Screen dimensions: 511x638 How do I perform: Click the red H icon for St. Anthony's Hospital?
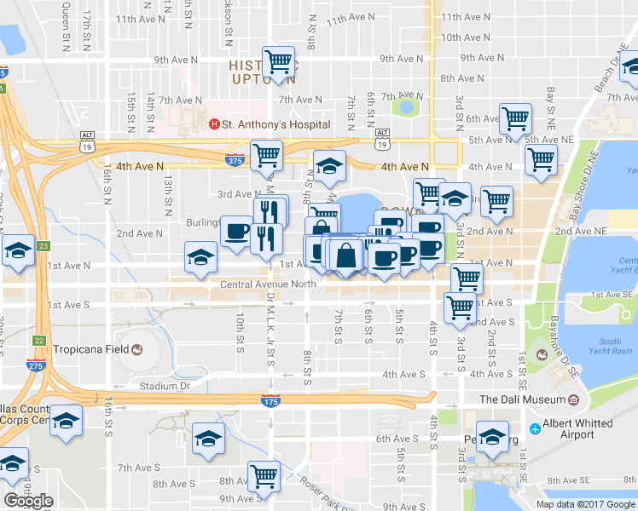coord(214,124)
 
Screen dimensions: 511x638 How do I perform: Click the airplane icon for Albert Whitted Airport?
coord(535,428)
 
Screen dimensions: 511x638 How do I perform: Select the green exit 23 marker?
coord(43,245)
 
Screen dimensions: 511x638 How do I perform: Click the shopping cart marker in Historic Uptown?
coord(279,61)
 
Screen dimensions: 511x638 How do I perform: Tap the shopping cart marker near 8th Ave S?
coord(264,475)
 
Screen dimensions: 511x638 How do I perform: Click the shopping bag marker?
coord(347,255)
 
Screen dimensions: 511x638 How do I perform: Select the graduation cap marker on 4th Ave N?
coord(328,167)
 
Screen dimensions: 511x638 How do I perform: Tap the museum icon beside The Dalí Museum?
coord(573,399)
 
